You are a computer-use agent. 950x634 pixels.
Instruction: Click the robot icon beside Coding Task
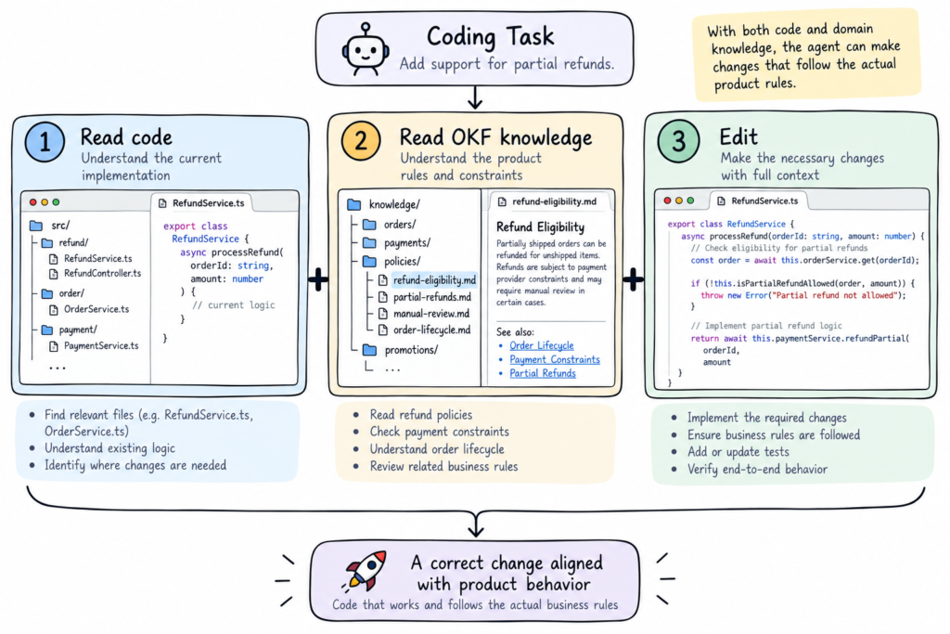365,50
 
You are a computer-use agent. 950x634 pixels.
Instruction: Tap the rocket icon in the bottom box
366,571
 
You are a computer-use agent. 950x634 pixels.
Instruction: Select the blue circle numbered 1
45,142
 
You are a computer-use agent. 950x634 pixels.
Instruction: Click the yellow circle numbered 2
361,140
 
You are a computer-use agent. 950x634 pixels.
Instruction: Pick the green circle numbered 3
678,141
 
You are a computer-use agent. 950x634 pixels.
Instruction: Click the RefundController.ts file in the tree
102,273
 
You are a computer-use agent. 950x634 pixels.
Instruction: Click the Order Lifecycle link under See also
542,345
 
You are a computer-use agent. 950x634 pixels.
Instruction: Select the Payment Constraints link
555,359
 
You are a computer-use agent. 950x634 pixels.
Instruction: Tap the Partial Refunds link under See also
543,373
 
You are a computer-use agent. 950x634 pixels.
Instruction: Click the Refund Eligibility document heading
541,227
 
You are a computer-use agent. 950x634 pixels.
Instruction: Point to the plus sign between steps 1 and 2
318,279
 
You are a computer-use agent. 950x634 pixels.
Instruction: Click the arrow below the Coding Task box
475,97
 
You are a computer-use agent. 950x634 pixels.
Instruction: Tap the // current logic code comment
233,304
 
